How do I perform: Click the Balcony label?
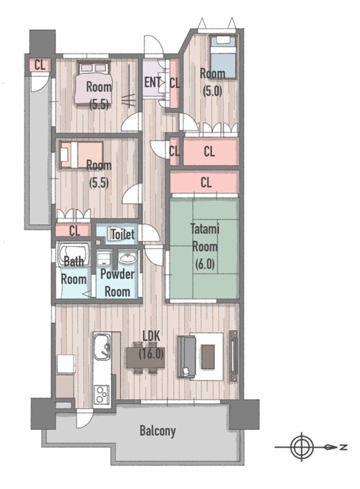pos(158,431)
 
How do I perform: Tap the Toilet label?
pos(123,234)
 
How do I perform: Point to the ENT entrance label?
pos(152,82)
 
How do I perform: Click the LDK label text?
pos(151,336)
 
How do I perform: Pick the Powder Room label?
pos(117,283)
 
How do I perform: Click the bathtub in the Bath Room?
pos(74,255)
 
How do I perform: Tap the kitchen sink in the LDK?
pos(103,346)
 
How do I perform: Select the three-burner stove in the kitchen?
pos(102,395)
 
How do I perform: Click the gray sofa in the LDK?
pos(186,356)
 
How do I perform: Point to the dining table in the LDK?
pos(145,358)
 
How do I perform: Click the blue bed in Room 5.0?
pos(223,57)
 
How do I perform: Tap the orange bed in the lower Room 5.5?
pos(82,155)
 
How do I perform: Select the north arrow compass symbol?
pos(302,447)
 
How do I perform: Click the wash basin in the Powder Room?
pos(127,258)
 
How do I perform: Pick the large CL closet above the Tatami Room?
pos(204,182)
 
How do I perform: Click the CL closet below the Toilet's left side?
pos(74,231)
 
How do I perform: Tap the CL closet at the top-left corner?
pos(40,65)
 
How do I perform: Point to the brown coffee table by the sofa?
pos(208,356)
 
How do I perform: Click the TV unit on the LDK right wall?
pos(233,356)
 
